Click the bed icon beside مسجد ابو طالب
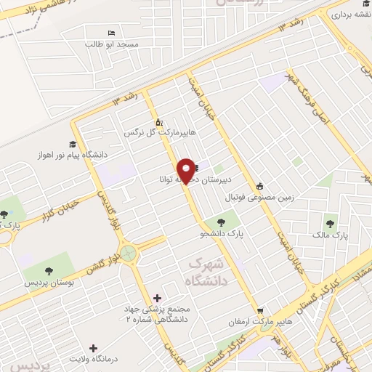pos(111,33)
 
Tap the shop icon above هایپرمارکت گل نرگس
pos(159,122)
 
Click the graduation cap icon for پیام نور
pos(73,144)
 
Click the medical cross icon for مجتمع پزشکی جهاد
pos(158,297)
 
